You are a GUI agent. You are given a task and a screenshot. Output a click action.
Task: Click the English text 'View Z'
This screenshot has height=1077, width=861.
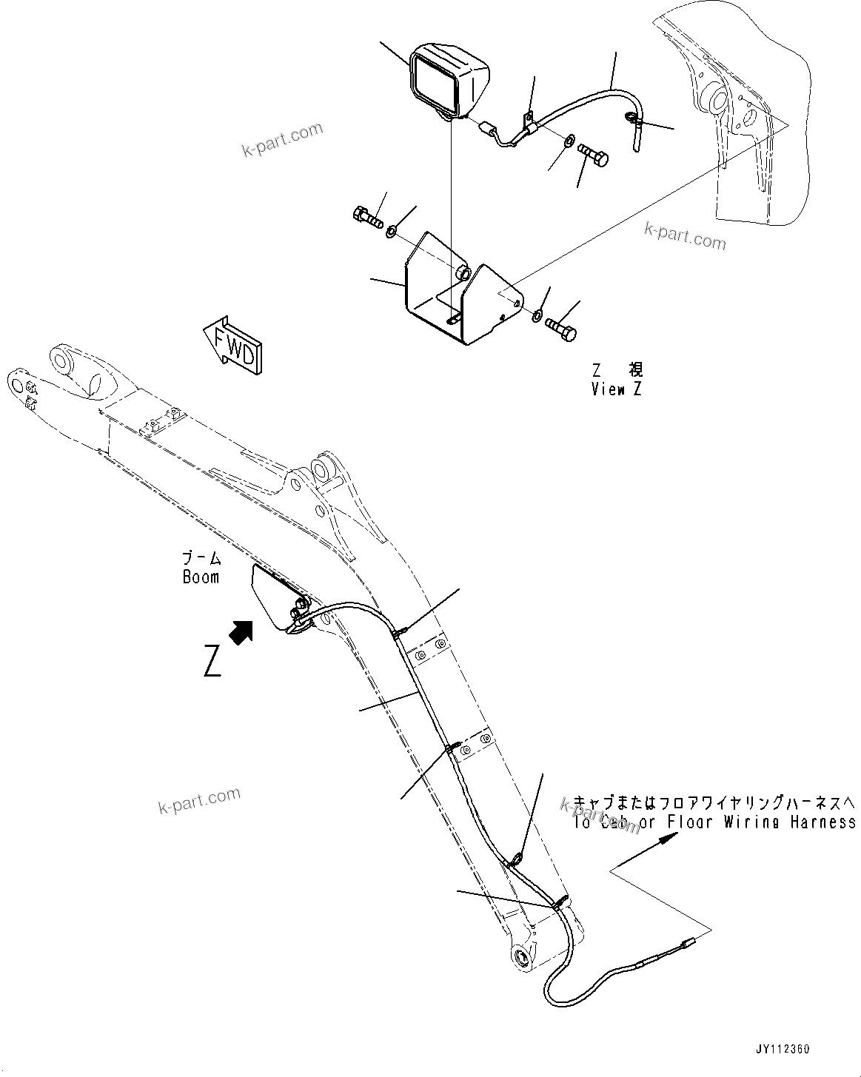tap(616, 389)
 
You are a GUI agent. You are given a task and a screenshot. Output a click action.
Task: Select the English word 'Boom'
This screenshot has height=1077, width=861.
tap(201, 577)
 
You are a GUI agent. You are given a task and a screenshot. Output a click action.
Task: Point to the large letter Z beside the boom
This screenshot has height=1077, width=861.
tap(212, 660)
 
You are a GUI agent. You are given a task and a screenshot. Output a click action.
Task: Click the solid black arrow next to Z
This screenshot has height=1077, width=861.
tap(241, 631)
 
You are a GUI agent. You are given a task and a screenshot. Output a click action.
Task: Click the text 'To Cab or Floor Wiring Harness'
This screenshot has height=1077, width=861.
tap(714, 822)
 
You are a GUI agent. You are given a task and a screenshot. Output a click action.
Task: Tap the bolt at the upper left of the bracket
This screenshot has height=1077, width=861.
tap(366, 218)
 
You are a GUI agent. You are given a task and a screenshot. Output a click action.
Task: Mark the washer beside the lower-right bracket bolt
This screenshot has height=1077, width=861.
tap(535, 317)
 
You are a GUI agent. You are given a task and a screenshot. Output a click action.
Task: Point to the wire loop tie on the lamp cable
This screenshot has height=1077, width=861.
tap(631, 115)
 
